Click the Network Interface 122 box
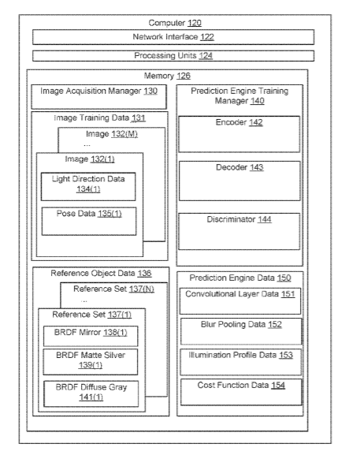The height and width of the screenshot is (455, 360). click(173, 37)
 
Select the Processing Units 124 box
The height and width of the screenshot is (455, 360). click(173, 56)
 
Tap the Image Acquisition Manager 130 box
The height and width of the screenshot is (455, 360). click(98, 97)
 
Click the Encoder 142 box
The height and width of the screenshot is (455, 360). click(239, 134)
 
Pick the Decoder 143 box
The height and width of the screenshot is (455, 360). click(239, 181)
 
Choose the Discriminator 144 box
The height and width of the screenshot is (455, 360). click(239, 232)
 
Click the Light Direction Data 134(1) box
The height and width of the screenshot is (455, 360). click(88, 187)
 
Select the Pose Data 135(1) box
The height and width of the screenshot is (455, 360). click(89, 221)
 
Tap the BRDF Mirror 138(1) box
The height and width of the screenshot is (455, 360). click(91, 336)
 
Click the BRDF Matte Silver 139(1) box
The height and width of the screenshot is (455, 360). click(91, 362)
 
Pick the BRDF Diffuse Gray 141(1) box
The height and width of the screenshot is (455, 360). click(91, 393)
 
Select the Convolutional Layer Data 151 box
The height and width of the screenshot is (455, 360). click(240, 301)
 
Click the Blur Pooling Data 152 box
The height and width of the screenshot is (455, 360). click(241, 331)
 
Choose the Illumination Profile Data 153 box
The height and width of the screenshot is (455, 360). click(241, 362)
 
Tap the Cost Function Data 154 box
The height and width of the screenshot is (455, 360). click(241, 392)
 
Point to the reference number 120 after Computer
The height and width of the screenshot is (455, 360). click(195, 23)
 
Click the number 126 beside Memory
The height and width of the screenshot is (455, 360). click(184, 76)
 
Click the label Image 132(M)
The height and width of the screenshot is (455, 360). click(112, 134)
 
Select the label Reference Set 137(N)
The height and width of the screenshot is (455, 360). click(113, 289)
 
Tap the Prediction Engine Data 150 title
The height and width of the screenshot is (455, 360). click(240, 278)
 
